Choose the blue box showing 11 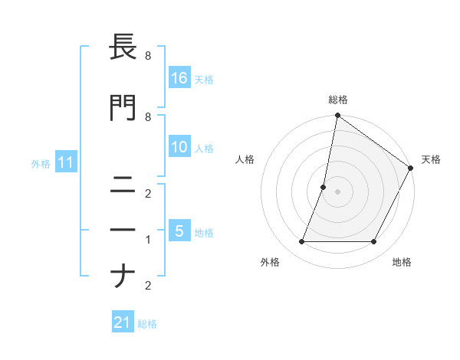point(67,162)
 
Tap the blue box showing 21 point(123,322)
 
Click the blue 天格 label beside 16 point(204,79)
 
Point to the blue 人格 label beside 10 point(204,148)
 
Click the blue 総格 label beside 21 point(147,323)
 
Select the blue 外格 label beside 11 point(40,163)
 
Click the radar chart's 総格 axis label point(338,100)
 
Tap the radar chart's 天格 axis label point(431,159)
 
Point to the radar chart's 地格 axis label point(402,262)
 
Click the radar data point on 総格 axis point(337,116)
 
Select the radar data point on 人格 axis point(324,187)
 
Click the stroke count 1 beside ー point(148,240)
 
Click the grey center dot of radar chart point(337,191)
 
